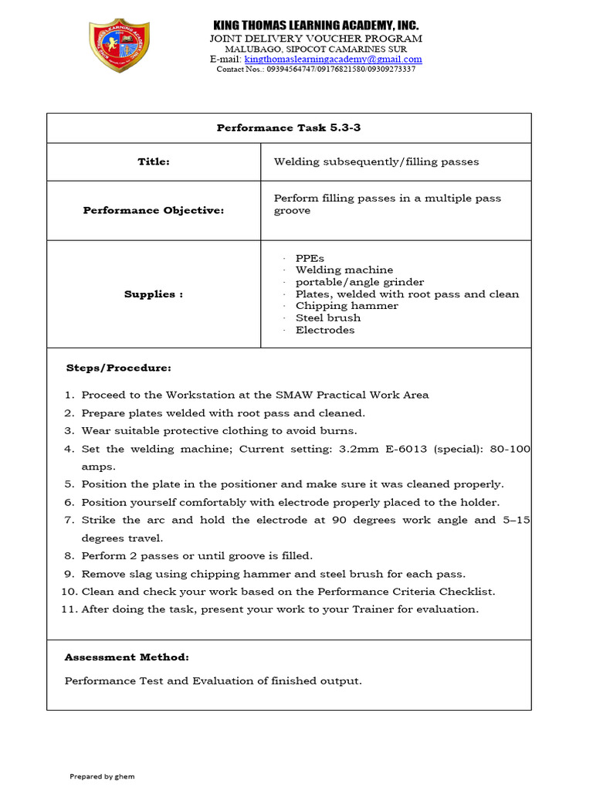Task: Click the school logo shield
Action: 120,46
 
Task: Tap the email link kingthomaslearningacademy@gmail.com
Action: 334,59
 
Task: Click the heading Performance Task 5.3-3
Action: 289,127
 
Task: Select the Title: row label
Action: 154,161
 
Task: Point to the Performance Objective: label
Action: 154,210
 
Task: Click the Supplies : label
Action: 154,294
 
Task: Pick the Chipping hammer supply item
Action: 336,306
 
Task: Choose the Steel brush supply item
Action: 327,317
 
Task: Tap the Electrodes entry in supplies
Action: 325,330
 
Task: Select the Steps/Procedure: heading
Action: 119,368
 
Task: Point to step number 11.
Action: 69,609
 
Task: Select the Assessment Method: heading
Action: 127,657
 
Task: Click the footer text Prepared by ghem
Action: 102,776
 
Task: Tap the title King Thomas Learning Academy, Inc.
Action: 316,25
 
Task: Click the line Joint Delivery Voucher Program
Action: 316,39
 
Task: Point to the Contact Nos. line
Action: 316,69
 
